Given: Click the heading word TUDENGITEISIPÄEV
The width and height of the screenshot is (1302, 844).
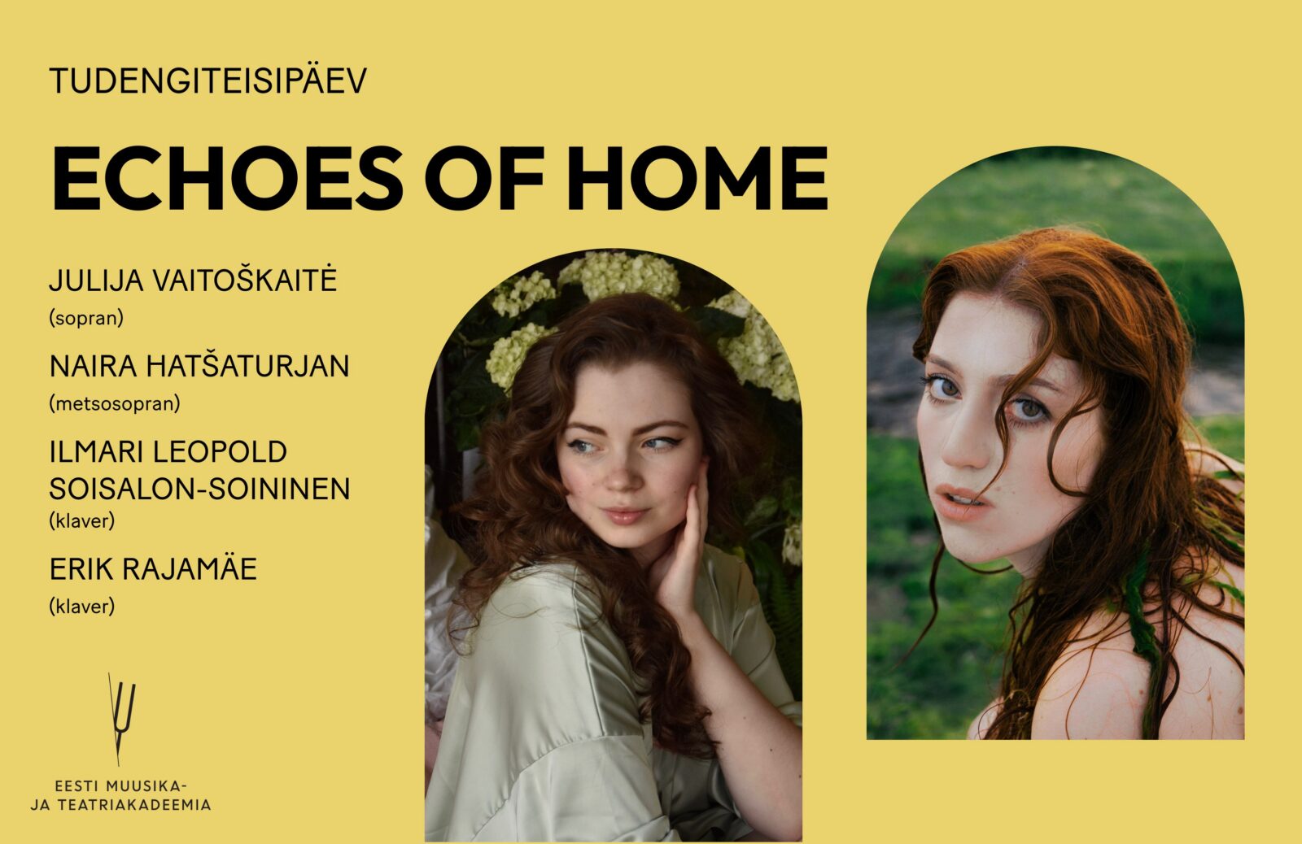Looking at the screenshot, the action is [x=208, y=80].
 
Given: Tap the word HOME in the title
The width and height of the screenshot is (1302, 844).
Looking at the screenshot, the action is [x=697, y=178].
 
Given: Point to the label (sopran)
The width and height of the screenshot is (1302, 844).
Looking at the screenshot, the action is [x=86, y=318].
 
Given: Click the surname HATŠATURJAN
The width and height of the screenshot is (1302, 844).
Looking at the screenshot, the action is [x=247, y=367].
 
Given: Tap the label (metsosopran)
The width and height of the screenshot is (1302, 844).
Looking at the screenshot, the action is [x=115, y=403].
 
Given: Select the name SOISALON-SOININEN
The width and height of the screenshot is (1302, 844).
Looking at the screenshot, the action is [x=199, y=489].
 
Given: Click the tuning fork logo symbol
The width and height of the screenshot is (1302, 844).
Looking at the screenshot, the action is [x=121, y=719].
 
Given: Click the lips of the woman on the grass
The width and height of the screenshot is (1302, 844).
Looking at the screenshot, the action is [x=959, y=498].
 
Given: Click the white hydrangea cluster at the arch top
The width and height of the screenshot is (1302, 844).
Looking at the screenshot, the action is [x=619, y=277].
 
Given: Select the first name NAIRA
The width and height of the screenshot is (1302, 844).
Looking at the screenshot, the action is [x=93, y=367].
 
